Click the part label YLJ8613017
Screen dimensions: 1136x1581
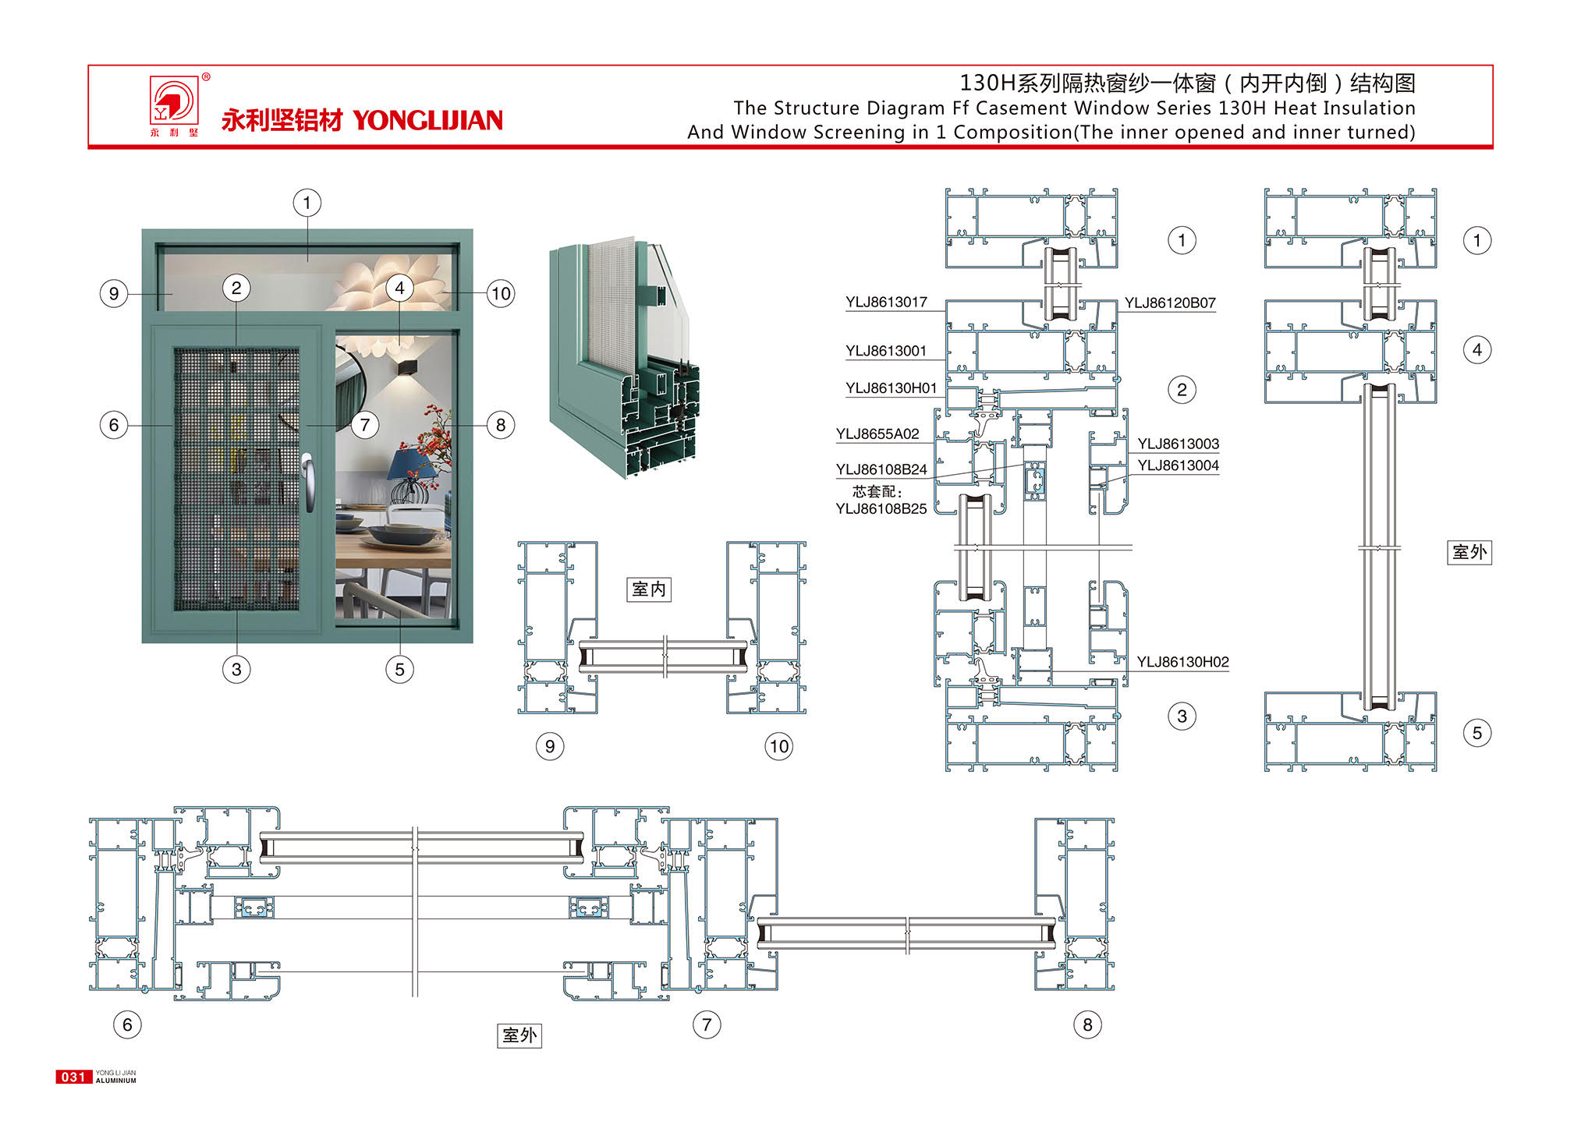pos(886,303)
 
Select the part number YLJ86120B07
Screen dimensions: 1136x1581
pos(1169,303)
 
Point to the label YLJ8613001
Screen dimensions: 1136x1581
pos(886,351)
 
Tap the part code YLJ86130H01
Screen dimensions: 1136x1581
pos(891,388)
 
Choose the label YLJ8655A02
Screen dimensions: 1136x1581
pos(877,434)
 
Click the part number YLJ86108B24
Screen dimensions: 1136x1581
pos(881,469)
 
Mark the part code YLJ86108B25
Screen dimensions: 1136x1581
pos(881,509)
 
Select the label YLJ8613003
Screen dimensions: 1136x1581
pos(1178,444)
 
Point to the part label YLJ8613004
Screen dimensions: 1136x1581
pos(1178,466)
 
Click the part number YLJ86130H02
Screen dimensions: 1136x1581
pos(1182,662)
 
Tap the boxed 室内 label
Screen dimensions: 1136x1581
pos(649,589)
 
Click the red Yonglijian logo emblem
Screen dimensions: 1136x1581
pos(174,100)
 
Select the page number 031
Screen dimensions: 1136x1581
pos(73,1077)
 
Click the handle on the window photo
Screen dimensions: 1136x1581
pos(310,483)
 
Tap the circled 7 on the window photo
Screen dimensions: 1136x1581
pos(364,425)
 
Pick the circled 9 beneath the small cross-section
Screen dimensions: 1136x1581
pos(550,746)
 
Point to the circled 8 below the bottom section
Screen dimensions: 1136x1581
pos(1087,1025)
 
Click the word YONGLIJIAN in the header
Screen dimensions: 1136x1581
pos(427,120)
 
